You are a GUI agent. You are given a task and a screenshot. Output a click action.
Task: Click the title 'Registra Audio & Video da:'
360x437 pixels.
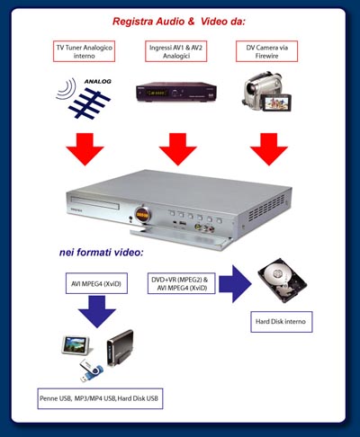(x=179, y=22)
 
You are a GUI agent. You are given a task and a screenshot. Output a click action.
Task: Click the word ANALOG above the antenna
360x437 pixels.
(x=98, y=82)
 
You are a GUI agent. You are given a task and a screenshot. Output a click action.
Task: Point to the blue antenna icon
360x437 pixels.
(x=89, y=103)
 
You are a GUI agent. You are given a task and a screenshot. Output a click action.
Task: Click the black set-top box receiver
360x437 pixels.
(x=176, y=92)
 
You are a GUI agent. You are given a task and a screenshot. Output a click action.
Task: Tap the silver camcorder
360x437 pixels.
(x=266, y=92)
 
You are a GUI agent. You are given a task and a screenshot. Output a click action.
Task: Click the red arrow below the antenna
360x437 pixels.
(x=85, y=149)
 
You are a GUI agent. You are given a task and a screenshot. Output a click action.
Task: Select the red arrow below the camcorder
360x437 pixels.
(x=269, y=149)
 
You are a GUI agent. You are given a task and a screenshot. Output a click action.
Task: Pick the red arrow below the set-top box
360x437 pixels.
(x=177, y=149)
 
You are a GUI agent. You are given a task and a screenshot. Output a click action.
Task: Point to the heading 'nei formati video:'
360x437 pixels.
(x=102, y=253)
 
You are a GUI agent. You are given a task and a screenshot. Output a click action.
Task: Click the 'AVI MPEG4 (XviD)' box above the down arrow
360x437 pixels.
(x=96, y=283)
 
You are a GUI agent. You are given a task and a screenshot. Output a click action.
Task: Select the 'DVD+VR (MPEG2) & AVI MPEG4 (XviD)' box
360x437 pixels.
(x=182, y=283)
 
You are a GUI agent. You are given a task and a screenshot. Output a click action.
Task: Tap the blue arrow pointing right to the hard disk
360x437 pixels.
(x=235, y=284)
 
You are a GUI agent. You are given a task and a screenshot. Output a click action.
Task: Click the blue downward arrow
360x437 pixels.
(x=97, y=312)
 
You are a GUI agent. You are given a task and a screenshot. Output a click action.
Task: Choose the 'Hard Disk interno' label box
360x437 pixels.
(x=282, y=322)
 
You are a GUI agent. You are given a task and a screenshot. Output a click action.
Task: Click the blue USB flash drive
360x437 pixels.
(x=91, y=370)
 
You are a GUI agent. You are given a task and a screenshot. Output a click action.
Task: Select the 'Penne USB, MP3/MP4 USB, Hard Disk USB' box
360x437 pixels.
(x=100, y=398)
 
